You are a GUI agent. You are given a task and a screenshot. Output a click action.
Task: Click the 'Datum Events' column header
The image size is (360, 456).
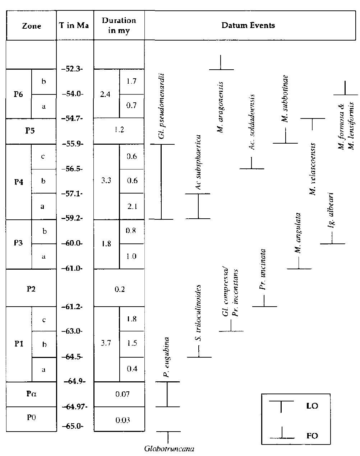click(x=248, y=25)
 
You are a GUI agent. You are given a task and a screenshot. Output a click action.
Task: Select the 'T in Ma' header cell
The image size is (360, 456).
click(x=75, y=26)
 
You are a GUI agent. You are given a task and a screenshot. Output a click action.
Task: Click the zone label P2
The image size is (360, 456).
click(x=31, y=288)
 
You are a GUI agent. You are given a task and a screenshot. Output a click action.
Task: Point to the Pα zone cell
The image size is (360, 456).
click(x=31, y=394)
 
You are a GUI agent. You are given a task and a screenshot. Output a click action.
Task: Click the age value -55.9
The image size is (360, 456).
click(x=74, y=144)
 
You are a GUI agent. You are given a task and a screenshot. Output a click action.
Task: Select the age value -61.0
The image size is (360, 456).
click(x=74, y=268)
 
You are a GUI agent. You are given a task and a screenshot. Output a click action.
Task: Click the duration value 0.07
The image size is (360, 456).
click(x=119, y=394)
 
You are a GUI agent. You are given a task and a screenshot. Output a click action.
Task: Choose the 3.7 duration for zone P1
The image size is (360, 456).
click(x=106, y=343)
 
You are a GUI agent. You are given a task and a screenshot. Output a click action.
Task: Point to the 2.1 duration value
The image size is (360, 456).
click(x=132, y=206)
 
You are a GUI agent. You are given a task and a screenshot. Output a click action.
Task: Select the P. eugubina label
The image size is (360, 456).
click(x=166, y=357)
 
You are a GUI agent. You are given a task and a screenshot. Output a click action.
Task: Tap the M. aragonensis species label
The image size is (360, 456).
click(x=221, y=107)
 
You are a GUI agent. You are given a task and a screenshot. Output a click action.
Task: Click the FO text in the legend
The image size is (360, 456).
click(x=312, y=436)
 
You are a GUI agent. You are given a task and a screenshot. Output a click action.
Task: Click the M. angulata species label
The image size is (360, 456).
click(x=297, y=233)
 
